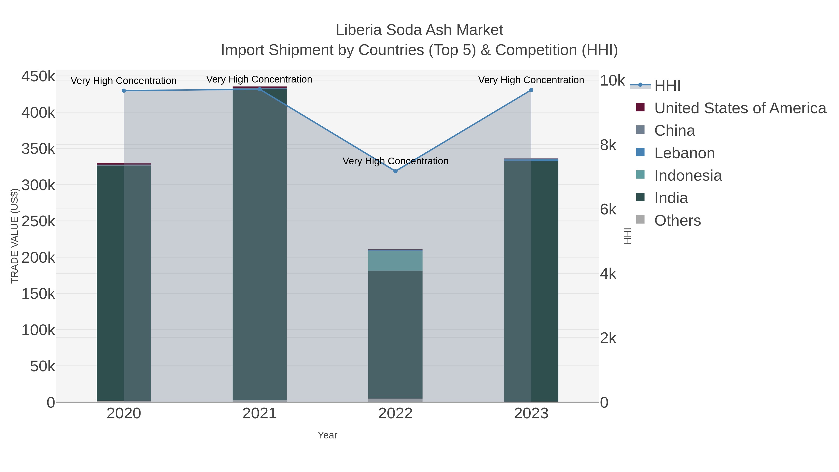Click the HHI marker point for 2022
tap(395, 171)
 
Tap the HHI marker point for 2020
tap(124, 91)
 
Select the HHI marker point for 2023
tap(531, 90)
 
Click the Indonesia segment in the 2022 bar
tap(395, 261)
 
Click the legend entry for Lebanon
tap(684, 153)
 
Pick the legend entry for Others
tap(677, 220)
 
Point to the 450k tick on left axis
tap(38, 77)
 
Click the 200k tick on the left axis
tap(38, 258)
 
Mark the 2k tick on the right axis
tap(608, 338)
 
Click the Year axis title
tap(327, 435)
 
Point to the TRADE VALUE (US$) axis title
tap(15, 236)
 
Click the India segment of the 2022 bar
tap(395, 332)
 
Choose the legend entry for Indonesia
tap(688, 176)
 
